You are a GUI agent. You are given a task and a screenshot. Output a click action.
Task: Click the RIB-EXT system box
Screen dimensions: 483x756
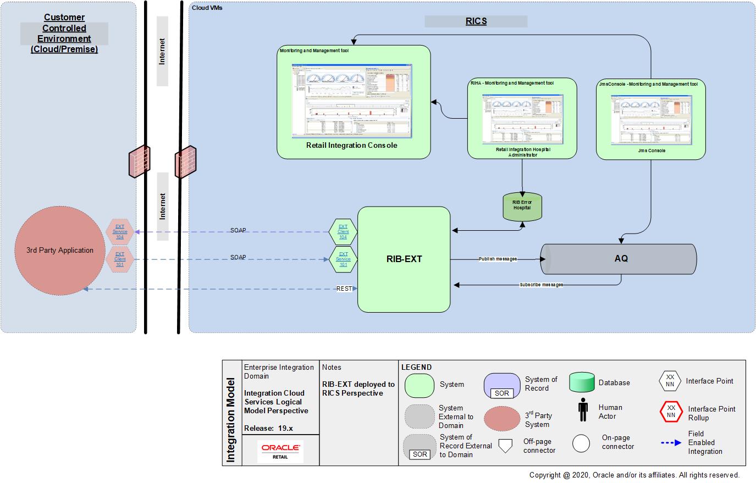click(x=404, y=259)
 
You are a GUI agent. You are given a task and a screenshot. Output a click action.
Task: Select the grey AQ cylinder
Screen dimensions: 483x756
click(x=620, y=258)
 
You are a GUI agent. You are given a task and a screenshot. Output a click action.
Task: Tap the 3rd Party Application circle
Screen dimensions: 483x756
click(x=59, y=251)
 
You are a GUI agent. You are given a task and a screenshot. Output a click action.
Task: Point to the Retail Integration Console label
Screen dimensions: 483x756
click(x=351, y=146)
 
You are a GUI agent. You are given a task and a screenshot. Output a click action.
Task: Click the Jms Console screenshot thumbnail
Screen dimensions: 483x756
click(x=651, y=120)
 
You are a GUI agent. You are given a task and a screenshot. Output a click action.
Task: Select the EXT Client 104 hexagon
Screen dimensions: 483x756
click(x=343, y=232)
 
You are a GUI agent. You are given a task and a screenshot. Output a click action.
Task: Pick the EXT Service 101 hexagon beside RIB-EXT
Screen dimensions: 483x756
click(x=343, y=259)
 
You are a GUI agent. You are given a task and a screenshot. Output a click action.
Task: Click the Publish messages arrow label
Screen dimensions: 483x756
click(x=498, y=259)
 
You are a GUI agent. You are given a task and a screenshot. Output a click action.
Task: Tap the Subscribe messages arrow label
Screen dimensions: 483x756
click(x=541, y=285)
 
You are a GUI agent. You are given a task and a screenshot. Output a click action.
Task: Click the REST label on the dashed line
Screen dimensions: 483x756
click(x=344, y=288)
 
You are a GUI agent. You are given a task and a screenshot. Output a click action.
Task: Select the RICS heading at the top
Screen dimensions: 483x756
click(x=476, y=21)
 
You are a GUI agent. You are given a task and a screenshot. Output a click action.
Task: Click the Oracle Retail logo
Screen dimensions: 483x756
click(x=280, y=451)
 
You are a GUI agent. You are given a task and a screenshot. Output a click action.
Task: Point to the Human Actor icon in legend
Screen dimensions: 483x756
click(x=583, y=411)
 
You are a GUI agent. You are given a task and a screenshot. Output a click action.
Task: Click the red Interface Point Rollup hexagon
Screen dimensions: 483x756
click(x=670, y=412)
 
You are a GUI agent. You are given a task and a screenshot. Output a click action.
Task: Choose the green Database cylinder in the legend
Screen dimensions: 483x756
click(x=582, y=382)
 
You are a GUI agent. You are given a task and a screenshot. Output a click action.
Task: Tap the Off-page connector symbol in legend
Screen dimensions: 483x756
click(x=505, y=445)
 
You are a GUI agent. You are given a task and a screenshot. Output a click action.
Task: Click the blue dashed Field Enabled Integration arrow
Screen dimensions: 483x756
click(x=671, y=442)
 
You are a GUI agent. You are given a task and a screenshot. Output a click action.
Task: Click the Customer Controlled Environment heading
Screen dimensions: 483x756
click(x=64, y=34)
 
